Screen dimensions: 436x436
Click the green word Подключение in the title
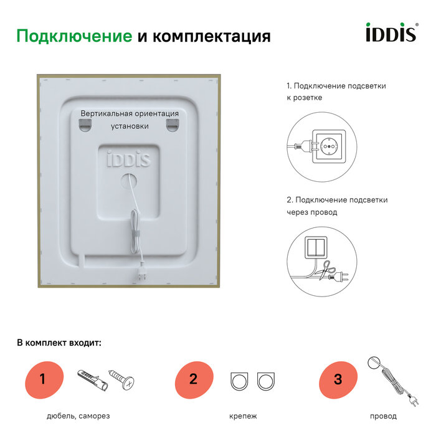pyautogui.click(x=74, y=36)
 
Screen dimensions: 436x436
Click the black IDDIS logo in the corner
pyautogui.click(x=390, y=32)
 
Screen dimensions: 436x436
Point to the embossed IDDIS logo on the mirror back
pyautogui.click(x=128, y=158)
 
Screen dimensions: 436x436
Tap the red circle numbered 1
pyautogui.click(x=43, y=379)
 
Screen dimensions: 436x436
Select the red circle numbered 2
pyautogui.click(x=193, y=379)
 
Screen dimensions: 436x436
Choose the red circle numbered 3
pyautogui.click(x=338, y=379)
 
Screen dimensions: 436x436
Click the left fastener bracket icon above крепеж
pyautogui.click(x=240, y=381)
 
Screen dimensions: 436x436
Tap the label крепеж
pyautogui.click(x=243, y=416)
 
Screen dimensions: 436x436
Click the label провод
pyautogui.click(x=383, y=416)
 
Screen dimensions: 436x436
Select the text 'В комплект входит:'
pyautogui.click(x=59, y=343)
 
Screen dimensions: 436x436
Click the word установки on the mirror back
pyautogui.click(x=130, y=126)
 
